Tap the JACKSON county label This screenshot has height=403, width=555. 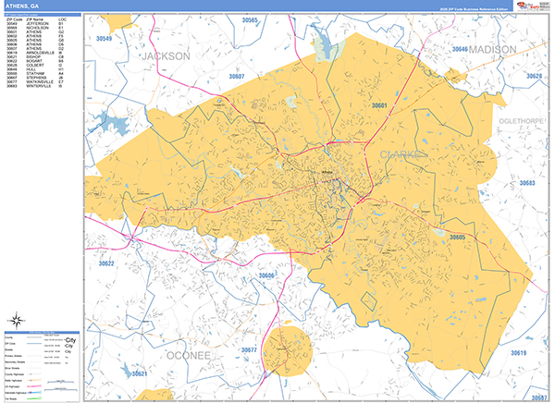166,56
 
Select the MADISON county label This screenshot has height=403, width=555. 499,48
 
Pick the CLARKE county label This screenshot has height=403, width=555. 400,154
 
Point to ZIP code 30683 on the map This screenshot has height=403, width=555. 527,184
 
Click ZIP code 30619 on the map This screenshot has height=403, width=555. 518,352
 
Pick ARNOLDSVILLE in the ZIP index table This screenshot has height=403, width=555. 43,79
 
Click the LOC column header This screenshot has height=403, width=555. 61,18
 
